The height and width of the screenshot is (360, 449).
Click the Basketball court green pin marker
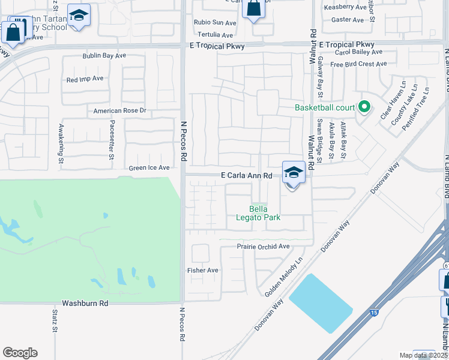pyautogui.click(x=363, y=107)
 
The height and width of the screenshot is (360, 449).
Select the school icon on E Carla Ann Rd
pyautogui.click(x=294, y=173)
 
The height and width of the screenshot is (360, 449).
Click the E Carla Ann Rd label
pyautogui.click(x=247, y=176)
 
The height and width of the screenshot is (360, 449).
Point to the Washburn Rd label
pyautogui.click(x=85, y=304)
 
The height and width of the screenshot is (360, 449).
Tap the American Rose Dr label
pyautogui.click(x=120, y=111)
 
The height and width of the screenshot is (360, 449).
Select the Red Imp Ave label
pyautogui.click(x=85, y=79)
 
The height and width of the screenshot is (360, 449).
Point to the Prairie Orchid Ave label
pyautogui.click(x=263, y=247)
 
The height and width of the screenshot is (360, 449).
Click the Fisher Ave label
pyautogui.click(x=203, y=270)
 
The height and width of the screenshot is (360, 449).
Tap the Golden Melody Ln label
pyautogui.click(x=285, y=277)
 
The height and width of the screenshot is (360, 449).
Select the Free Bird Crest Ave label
pyautogui.click(x=358, y=64)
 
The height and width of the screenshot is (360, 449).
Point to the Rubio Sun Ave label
pyautogui.click(x=214, y=23)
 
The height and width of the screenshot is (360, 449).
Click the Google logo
pyautogui.click(x=20, y=353)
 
